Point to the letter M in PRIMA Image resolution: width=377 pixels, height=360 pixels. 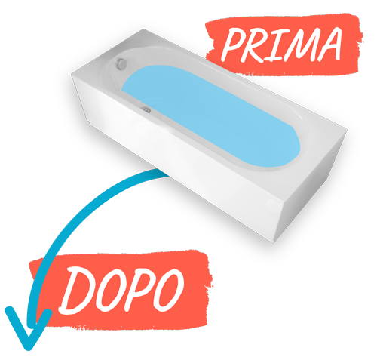(298, 44)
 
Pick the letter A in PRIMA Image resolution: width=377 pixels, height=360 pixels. (328, 44)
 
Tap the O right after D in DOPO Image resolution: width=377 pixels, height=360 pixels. (110, 291)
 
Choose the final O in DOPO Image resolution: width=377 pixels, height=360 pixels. (168, 290)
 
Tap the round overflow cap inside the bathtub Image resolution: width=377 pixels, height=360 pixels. (121, 64)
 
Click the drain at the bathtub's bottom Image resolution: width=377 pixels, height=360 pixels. (146, 109)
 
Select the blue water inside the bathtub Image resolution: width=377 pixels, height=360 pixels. (211, 115)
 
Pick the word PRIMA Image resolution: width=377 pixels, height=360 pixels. (281, 45)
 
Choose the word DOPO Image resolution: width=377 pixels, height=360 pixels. (121, 291)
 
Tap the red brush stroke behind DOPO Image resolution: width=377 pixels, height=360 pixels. (121, 289)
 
